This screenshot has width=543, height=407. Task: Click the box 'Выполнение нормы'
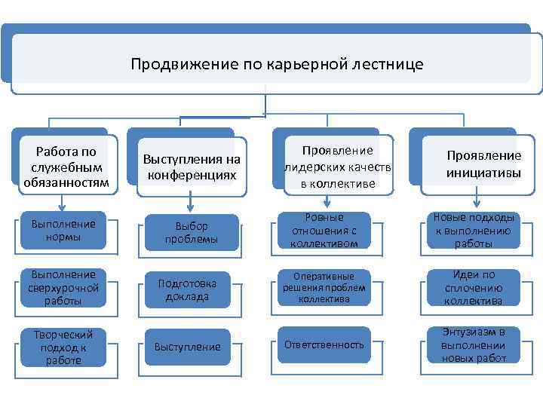coord(63,230)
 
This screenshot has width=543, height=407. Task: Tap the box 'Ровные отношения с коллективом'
coord(324,230)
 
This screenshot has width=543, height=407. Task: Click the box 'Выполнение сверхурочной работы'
coord(63,287)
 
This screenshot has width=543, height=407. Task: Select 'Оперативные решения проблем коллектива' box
coord(324,287)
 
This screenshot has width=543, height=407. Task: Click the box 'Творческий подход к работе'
coord(63,346)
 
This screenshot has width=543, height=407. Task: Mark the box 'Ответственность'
coord(324,344)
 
